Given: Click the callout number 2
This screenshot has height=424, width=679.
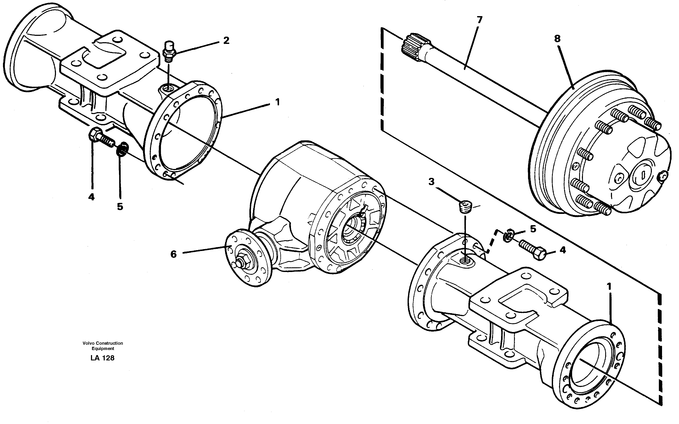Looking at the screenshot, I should pyautogui.click(x=226, y=41).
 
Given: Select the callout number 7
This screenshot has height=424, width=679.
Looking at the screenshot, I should pyautogui.click(x=479, y=20).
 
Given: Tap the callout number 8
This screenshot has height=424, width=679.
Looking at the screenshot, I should pyautogui.click(x=557, y=39).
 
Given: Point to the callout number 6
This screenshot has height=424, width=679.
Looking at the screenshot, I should pyautogui.click(x=174, y=254).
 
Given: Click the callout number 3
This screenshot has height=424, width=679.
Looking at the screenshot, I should pyautogui.click(x=431, y=182).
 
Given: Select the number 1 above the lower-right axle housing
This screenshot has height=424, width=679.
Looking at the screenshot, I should pyautogui.click(x=609, y=287).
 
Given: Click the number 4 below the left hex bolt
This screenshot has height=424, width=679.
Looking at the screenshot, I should pyautogui.click(x=91, y=197).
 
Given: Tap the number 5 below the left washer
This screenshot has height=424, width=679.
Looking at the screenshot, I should pyautogui.click(x=120, y=207).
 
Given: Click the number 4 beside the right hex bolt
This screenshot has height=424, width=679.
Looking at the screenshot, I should pyautogui.click(x=563, y=250).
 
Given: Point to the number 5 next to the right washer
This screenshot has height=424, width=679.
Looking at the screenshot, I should pyautogui.click(x=533, y=229).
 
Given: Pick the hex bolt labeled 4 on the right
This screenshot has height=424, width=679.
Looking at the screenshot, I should pyautogui.click(x=532, y=249).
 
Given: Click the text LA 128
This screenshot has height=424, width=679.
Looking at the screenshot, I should pyautogui.click(x=102, y=358).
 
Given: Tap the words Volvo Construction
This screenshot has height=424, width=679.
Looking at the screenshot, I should pyautogui.click(x=103, y=343).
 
